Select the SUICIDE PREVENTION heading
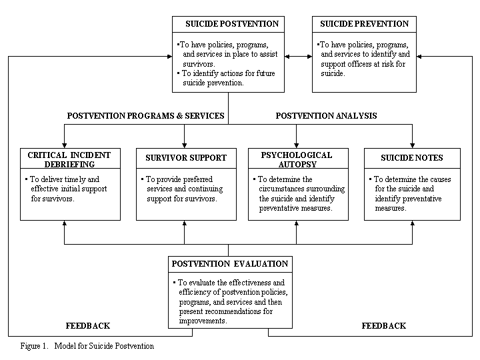click(x=364, y=24)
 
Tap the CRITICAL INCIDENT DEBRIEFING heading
click(x=70, y=160)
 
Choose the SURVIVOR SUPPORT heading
click(x=186, y=158)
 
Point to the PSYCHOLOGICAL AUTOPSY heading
click(x=298, y=160)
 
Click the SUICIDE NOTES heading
click(x=411, y=158)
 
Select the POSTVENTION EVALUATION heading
click(x=230, y=264)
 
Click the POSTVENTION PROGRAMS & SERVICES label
click(x=145, y=116)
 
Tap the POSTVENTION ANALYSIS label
click(x=326, y=116)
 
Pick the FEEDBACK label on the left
click(x=87, y=326)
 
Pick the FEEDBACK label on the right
click(x=383, y=326)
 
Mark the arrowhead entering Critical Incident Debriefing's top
click(x=64, y=144)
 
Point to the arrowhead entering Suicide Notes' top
click(x=412, y=144)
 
